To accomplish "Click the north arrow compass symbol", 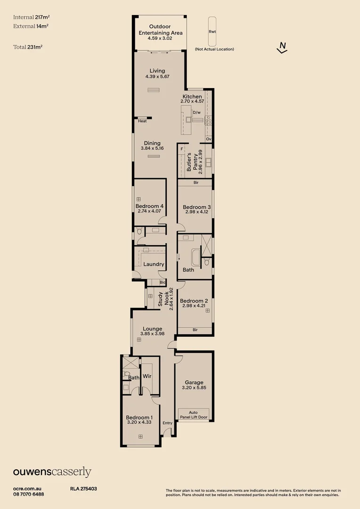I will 282,48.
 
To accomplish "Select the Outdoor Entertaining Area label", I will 160,30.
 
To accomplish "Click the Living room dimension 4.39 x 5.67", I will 157,76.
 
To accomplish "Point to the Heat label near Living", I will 142,121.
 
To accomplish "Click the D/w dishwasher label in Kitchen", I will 196,112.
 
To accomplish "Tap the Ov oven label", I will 208,139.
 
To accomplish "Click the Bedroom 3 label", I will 196,207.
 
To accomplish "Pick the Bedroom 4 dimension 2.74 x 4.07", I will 149,212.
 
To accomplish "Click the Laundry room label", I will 154,264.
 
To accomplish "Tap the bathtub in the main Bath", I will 196,258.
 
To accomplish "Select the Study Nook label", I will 163,299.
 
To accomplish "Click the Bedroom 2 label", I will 194,301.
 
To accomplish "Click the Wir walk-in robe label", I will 147,377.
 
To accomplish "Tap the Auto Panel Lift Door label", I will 194,414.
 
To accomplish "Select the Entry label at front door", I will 167,423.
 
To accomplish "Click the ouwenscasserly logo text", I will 52,472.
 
